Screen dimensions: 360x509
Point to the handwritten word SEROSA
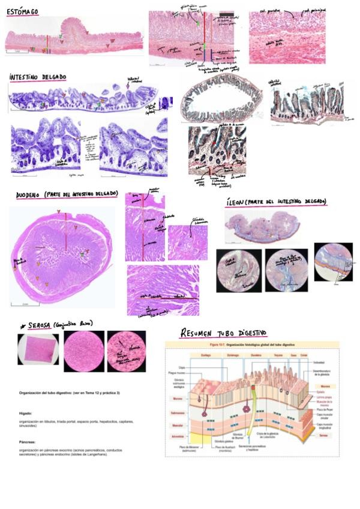[43, 324]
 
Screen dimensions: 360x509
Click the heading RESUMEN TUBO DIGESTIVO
[223, 333]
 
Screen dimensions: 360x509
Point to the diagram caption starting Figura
[251, 345]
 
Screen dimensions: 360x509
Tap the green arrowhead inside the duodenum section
[83, 255]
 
